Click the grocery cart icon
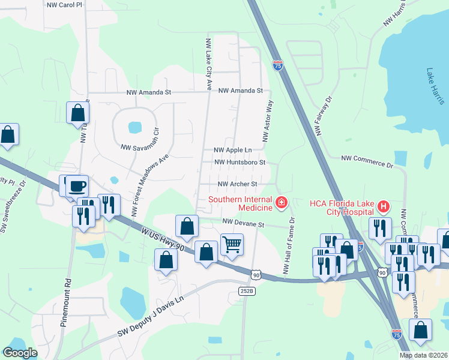(232, 244)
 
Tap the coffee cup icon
(76, 185)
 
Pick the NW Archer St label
(237, 184)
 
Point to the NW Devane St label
(243, 223)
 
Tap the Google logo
(20, 353)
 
